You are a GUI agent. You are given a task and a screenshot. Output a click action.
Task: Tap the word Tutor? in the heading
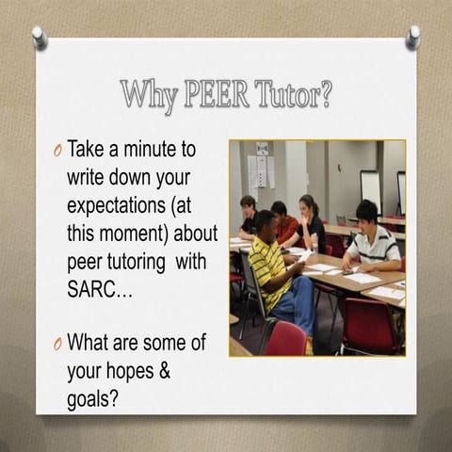click(292, 95)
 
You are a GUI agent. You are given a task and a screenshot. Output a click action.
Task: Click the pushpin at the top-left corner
click(40, 37)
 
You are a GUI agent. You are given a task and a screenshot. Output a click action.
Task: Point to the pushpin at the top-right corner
click(412, 35)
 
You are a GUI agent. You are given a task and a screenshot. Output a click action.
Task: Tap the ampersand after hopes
click(163, 370)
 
